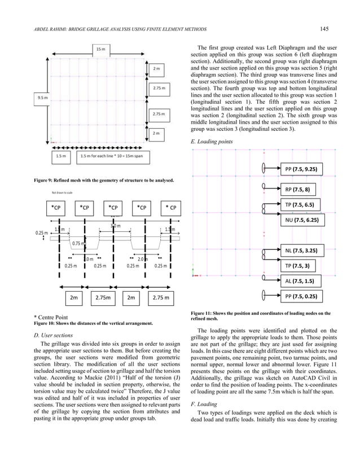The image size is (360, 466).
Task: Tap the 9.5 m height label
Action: click(43, 98)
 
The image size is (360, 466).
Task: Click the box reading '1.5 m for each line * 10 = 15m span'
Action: click(113, 156)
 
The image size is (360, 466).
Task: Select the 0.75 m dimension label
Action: click(78, 243)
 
